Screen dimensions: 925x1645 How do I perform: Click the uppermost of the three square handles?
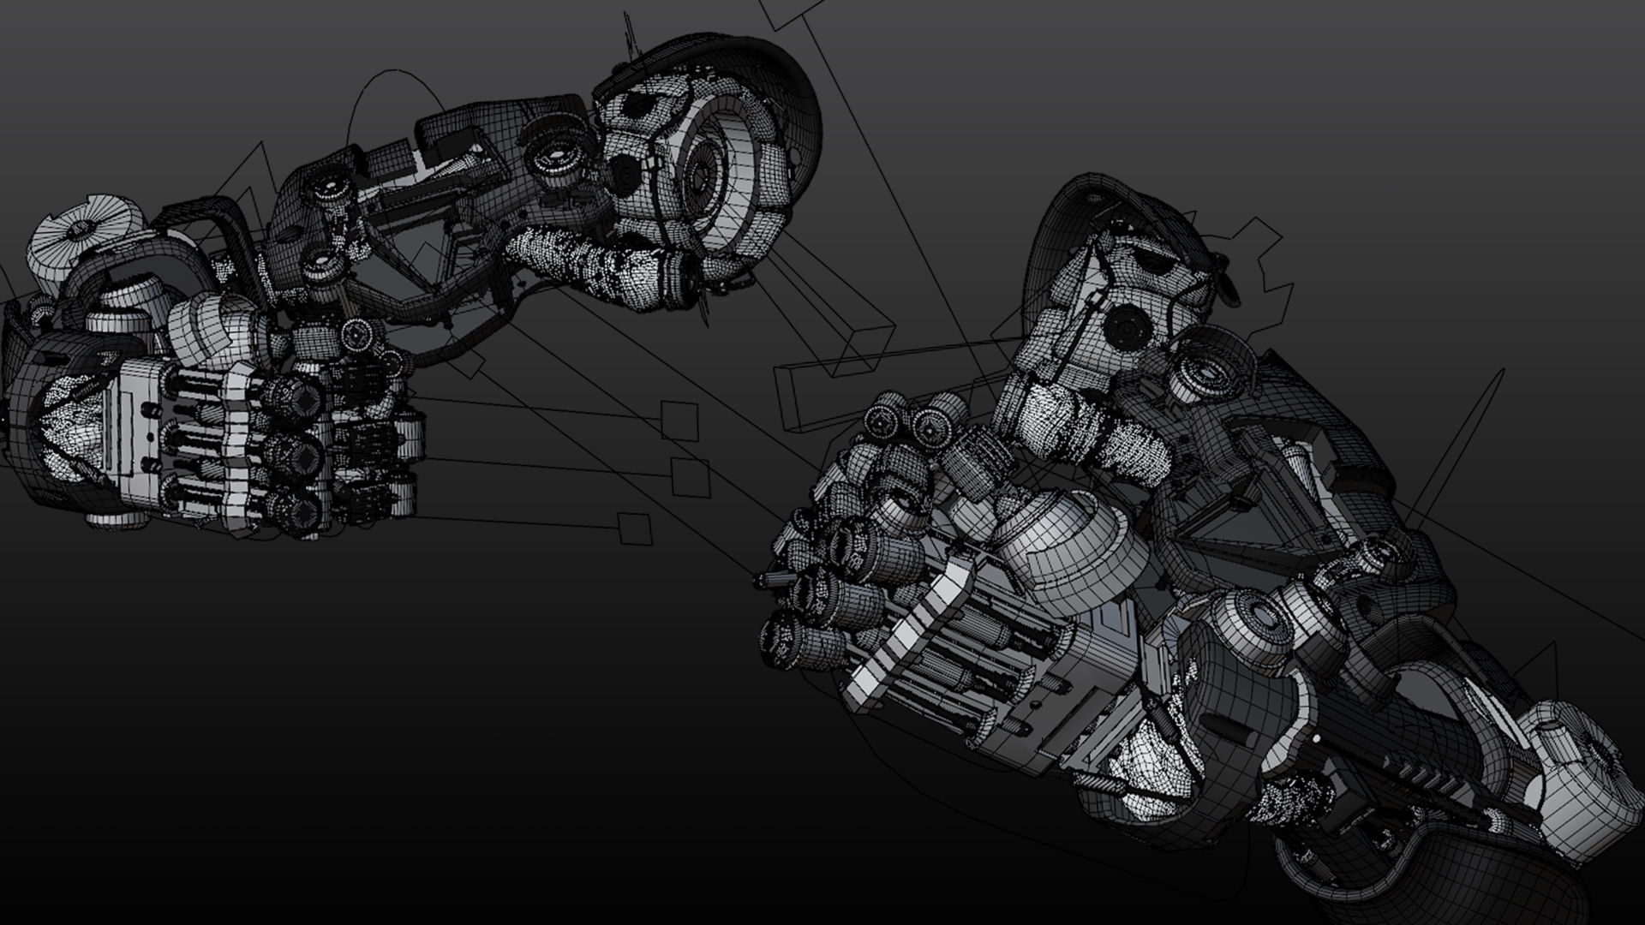tap(679, 421)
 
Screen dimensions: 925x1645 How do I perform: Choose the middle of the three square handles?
tap(691, 477)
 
